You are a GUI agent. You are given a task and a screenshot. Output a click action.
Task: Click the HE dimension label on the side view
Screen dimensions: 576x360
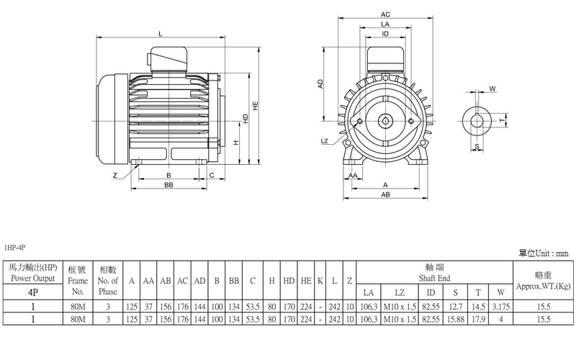[256, 106]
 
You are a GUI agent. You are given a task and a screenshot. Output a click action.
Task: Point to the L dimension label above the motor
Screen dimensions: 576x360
[161, 34]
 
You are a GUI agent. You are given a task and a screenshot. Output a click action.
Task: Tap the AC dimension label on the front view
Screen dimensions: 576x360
[385, 14]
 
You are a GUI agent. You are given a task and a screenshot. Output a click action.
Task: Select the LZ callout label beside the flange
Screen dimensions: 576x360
[325, 141]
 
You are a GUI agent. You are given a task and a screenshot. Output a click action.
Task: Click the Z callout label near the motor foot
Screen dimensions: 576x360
[115, 175]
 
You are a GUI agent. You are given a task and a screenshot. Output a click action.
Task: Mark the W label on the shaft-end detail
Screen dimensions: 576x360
[492, 89]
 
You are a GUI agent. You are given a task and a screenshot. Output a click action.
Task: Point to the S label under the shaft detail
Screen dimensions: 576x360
[477, 146]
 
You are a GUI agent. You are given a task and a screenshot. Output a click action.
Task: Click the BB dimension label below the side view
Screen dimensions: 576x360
[168, 185]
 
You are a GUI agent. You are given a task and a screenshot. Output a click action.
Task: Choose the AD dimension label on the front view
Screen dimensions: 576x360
[320, 84]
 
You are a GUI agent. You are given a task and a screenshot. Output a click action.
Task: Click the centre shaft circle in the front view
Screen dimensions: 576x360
[385, 121]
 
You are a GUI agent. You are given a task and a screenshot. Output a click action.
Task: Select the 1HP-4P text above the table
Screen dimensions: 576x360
[14, 248]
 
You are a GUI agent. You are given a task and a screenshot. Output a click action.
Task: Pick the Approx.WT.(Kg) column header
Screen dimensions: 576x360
[544, 286]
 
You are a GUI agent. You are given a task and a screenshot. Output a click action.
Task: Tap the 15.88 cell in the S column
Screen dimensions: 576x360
[456, 319]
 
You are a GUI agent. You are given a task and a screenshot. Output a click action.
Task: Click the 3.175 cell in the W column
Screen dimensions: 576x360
[500, 307]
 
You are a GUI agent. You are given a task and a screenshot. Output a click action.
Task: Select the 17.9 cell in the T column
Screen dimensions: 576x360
[478, 319]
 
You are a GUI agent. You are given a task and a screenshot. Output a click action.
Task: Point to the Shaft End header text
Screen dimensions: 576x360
[434, 278]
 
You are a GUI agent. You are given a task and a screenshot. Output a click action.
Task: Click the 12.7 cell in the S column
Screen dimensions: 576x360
[456, 307]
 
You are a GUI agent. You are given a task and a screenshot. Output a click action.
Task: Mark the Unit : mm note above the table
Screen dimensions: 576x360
[552, 253]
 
